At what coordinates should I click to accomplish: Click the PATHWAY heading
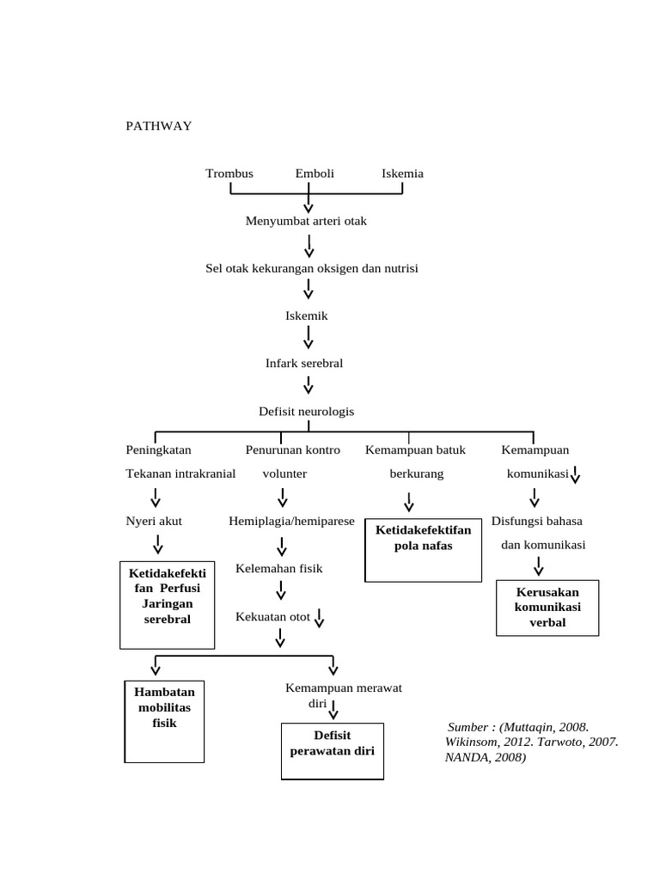(x=158, y=126)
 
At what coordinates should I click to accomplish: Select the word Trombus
(x=229, y=174)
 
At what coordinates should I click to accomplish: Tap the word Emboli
(x=315, y=174)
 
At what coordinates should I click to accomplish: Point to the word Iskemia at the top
(x=402, y=174)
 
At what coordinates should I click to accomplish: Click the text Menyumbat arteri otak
(x=306, y=222)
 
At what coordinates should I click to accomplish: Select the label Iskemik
(x=307, y=316)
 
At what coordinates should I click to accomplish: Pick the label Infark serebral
(x=304, y=364)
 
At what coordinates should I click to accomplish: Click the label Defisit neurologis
(x=306, y=412)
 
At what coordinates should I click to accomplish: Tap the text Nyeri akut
(x=154, y=521)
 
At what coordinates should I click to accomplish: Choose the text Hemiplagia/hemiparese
(x=291, y=521)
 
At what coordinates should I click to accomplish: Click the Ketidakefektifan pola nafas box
(x=422, y=550)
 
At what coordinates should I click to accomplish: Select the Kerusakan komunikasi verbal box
(x=547, y=608)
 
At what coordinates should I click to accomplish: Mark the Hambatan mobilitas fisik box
(x=164, y=719)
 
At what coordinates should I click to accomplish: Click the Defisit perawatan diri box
(x=333, y=749)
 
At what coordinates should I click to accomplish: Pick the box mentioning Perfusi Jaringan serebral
(x=167, y=605)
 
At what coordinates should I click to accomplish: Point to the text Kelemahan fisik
(x=279, y=569)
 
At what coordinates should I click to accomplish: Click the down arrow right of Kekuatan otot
(x=319, y=617)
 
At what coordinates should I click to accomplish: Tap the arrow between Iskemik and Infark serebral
(x=309, y=340)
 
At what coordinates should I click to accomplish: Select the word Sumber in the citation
(x=467, y=727)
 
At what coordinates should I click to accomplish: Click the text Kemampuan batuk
(x=408, y=450)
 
